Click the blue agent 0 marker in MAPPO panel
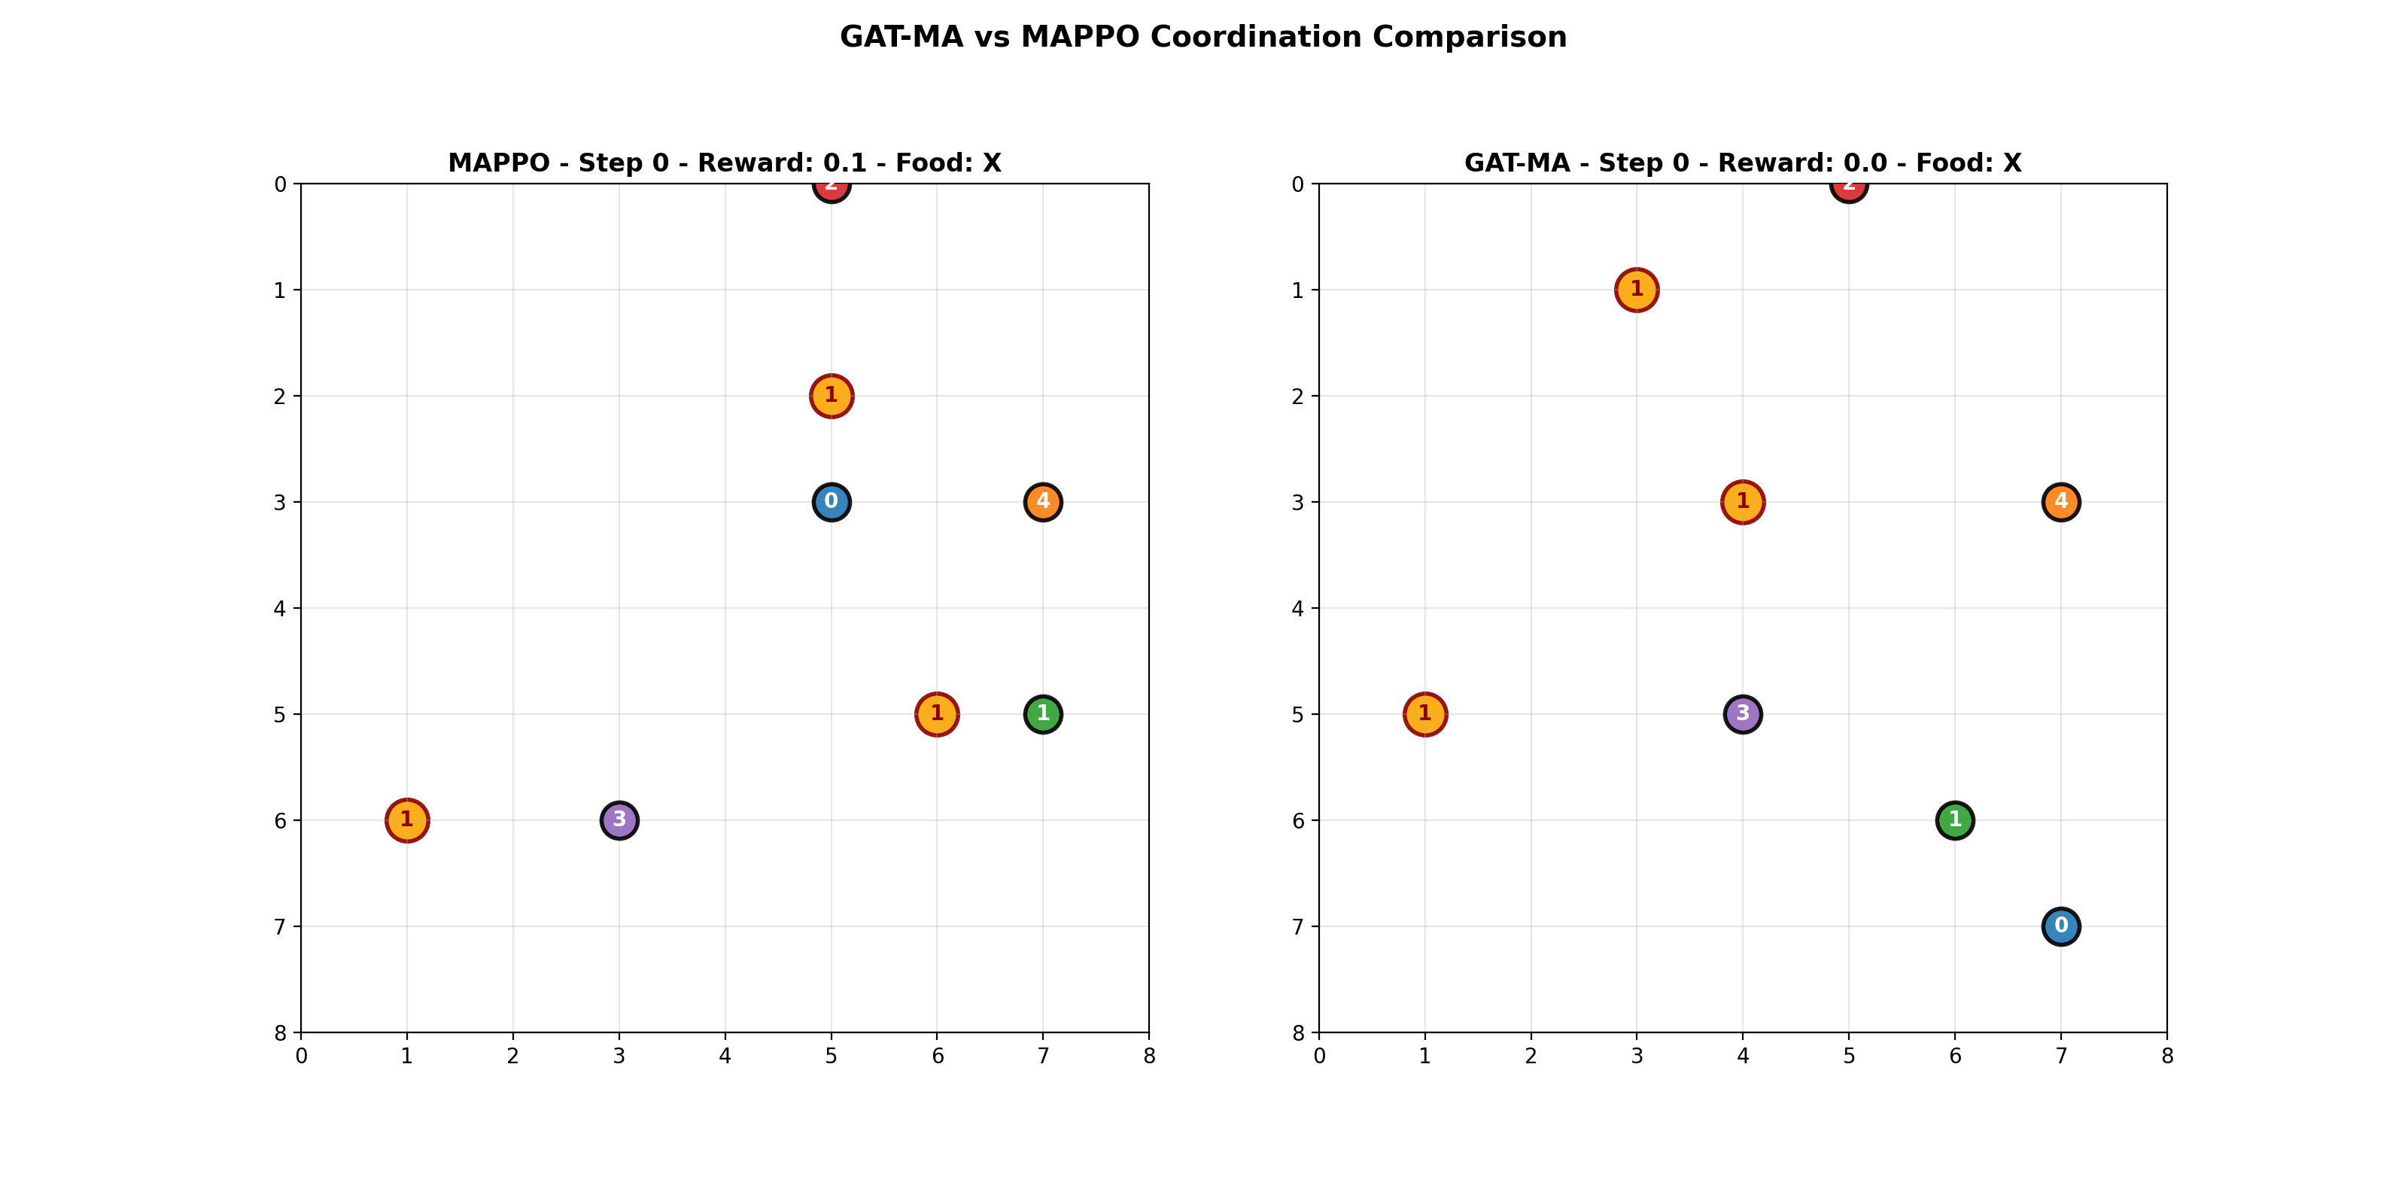click(831, 502)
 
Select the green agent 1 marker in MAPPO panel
click(1043, 714)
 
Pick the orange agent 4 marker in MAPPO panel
click(1043, 502)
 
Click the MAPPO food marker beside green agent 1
click(937, 714)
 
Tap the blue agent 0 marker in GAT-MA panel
click(2061, 926)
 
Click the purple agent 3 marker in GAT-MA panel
click(1743, 714)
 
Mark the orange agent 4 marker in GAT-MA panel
click(2061, 502)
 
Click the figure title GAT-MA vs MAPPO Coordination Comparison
click(1203, 38)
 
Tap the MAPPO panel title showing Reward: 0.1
click(725, 163)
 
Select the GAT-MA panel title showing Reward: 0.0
click(1743, 163)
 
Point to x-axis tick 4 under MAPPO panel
click(725, 1057)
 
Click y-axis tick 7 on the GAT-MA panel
click(1297, 927)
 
